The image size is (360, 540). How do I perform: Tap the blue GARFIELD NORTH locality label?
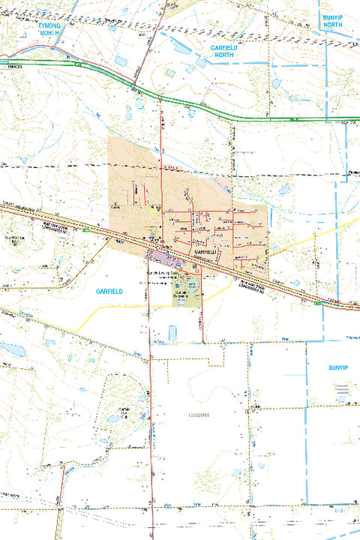click(226, 51)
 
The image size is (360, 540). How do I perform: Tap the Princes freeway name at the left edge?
click(9, 67)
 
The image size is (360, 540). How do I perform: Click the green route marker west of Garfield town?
click(87, 229)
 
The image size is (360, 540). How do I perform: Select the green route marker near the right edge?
click(319, 303)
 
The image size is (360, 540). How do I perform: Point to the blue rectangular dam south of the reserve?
click(173, 331)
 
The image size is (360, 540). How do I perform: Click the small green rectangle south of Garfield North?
click(171, 73)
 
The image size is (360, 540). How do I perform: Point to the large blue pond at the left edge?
click(10, 349)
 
